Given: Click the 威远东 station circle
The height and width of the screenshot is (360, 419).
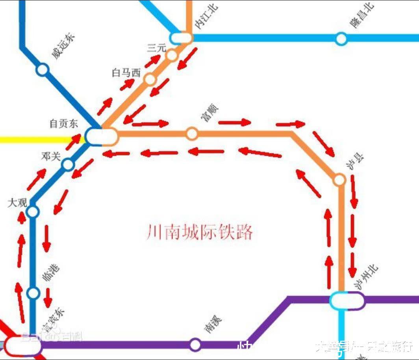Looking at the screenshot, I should click(x=43, y=70).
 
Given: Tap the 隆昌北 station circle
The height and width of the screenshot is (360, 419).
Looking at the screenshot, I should click(x=341, y=39).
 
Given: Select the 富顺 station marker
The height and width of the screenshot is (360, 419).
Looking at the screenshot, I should click(x=192, y=134).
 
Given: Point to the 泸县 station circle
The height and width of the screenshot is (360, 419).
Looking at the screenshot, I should click(x=339, y=180).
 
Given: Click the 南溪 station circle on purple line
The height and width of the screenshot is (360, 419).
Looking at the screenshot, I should click(x=195, y=345).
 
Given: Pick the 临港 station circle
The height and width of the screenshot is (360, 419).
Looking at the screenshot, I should click(x=33, y=293).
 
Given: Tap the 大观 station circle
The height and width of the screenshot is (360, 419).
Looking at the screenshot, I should click(x=33, y=212).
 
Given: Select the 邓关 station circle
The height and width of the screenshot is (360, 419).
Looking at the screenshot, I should click(x=68, y=164).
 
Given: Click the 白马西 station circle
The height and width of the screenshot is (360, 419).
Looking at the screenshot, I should click(x=150, y=80).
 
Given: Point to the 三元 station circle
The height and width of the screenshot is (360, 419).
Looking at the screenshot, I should click(x=172, y=55).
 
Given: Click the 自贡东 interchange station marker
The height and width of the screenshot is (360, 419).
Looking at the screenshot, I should click(x=101, y=137).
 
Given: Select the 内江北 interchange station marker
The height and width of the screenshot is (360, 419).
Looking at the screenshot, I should click(x=182, y=38).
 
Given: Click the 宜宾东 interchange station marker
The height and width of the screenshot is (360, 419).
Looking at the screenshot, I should click(x=23, y=346).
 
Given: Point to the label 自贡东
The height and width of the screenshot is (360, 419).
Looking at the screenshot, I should click(x=63, y=123).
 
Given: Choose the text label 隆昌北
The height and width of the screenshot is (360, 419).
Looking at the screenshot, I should click(x=362, y=16).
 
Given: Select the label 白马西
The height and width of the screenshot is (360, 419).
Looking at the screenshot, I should click(x=126, y=73).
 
